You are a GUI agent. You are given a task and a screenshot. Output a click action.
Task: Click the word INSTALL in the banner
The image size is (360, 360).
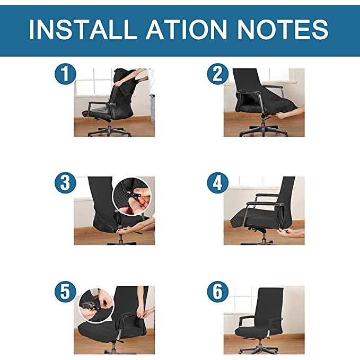[x=83, y=29]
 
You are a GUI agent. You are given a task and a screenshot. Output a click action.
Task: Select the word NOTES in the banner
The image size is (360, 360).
[x=283, y=29]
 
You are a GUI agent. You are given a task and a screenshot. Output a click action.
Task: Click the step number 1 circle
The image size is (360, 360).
[x=65, y=74]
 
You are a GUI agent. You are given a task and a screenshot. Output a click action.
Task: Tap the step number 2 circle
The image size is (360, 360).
[x=218, y=74]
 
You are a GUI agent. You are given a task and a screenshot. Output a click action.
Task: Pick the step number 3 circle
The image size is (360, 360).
[x=65, y=183]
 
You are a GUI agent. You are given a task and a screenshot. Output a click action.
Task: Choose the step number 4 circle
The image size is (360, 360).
[x=218, y=183]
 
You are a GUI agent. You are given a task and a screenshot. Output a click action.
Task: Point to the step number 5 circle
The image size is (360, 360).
[x=65, y=292]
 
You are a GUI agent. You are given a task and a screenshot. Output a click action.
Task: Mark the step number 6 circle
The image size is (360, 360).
[x=218, y=292]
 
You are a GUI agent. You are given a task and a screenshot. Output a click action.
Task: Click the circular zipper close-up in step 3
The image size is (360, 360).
[x=132, y=196]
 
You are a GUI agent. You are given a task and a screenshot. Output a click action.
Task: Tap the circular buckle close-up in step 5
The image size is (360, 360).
[x=96, y=305]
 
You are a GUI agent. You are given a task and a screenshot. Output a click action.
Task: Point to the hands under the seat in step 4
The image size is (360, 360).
[x=291, y=233]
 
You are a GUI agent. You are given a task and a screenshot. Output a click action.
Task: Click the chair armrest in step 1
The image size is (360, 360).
[x=100, y=104]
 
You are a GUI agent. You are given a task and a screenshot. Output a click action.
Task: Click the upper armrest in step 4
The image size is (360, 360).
[x=267, y=195]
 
